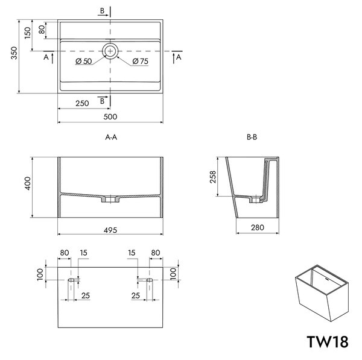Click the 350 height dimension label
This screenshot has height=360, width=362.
(14, 53)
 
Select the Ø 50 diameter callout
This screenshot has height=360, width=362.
(84, 61)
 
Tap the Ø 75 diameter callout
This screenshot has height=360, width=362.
(141, 61)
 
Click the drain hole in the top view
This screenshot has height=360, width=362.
(110, 51)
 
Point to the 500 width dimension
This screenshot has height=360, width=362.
(110, 117)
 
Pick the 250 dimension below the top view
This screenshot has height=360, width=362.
(82, 103)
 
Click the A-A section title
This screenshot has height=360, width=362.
(111, 137)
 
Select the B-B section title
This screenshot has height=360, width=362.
(252, 137)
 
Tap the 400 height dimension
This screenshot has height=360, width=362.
(28, 183)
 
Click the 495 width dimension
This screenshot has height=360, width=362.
(110, 230)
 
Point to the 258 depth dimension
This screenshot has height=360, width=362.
(212, 177)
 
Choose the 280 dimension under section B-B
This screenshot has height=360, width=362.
(258, 228)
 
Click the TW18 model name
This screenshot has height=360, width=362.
(328, 342)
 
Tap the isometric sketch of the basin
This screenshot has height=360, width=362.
(322, 293)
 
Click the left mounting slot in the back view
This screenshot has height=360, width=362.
(71, 280)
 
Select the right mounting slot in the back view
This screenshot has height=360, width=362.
(150, 280)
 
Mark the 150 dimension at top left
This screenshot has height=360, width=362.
(28, 33)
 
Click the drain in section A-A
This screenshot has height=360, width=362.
(110, 199)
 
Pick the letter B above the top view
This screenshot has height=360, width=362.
(102, 11)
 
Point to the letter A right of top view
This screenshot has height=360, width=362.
(179, 57)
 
